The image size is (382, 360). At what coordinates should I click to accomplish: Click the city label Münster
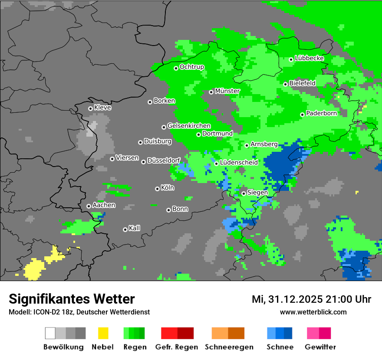tap(227, 91)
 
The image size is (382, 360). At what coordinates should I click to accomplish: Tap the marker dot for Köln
tap(157, 189)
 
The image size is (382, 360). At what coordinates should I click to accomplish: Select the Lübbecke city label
tap(309, 58)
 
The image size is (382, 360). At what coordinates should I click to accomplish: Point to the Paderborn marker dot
tap(302, 115)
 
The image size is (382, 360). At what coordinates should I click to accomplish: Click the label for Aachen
tap(104, 205)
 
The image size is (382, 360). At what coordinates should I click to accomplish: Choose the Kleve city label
tap(102, 108)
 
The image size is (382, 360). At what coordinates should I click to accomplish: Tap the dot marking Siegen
tap(244, 193)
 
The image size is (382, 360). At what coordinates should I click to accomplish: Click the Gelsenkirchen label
tap(189, 126)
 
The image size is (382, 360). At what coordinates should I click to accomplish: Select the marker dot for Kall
tap(125, 229)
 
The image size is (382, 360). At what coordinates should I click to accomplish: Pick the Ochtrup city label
tap(192, 67)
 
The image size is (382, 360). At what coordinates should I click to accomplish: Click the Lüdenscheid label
tap(239, 163)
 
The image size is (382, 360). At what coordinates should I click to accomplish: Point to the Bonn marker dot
tap(168, 210)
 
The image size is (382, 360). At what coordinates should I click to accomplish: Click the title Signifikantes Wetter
tap(72, 299)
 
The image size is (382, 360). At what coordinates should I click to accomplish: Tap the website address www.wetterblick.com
tap(313, 312)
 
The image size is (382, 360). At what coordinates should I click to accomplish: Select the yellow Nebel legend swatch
tap(103, 333)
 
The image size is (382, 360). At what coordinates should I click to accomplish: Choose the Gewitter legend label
tap(320, 347)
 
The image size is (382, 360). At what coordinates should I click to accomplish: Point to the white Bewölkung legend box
tap(50, 333)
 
